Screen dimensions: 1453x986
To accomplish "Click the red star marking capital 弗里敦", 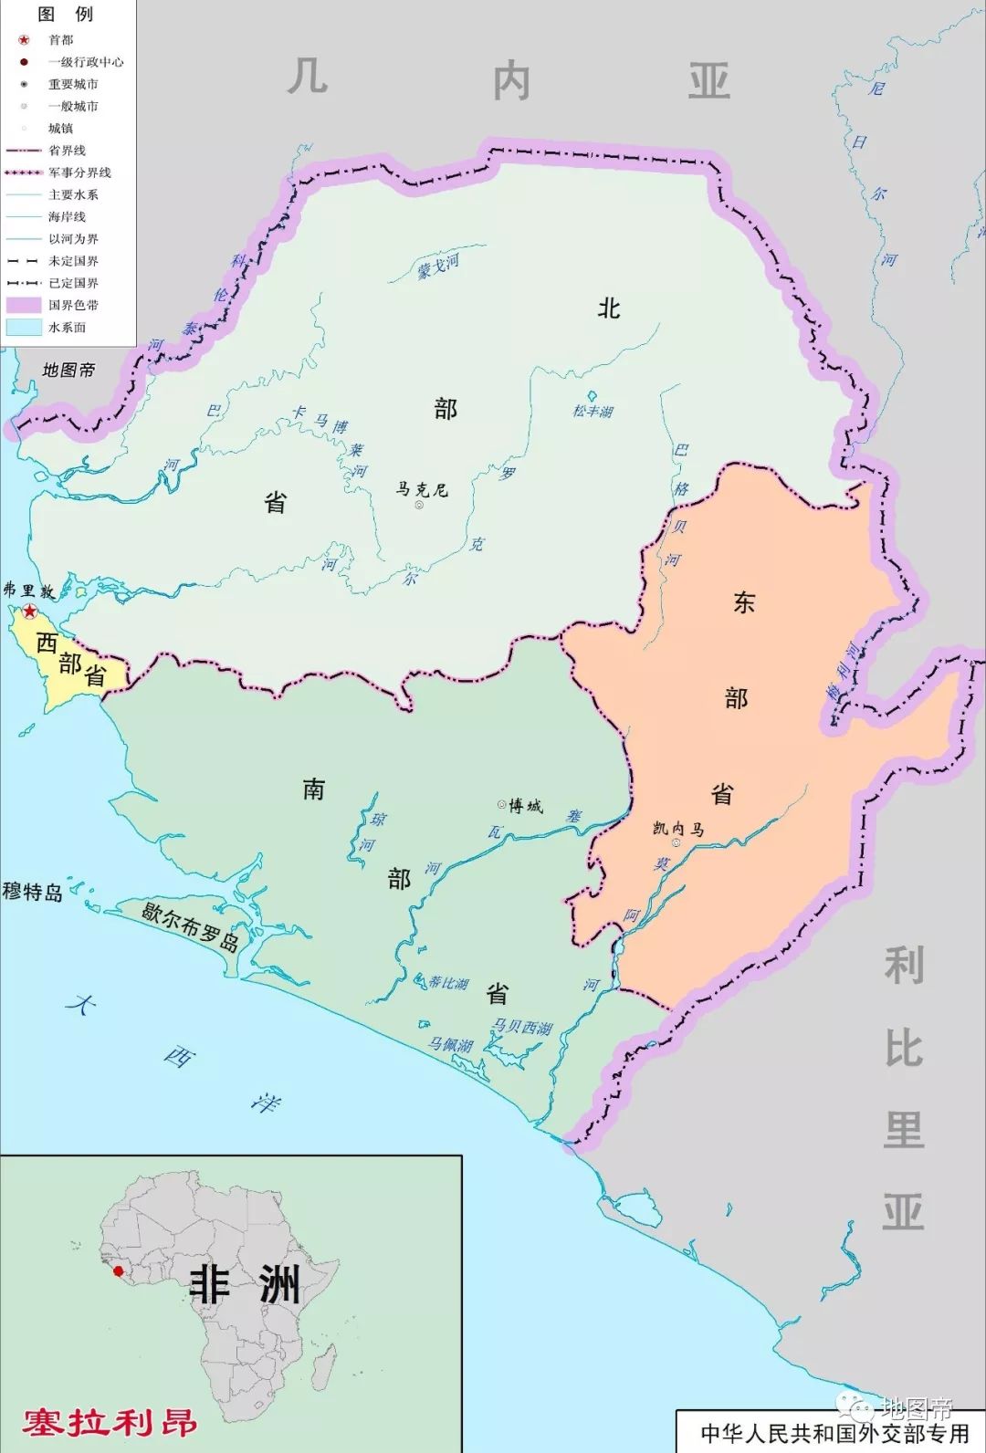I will pyautogui.click(x=30, y=611).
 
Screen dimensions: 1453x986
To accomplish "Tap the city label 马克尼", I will pyautogui.click(x=422, y=490).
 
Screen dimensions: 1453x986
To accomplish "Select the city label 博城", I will pyautogui.click(x=526, y=805).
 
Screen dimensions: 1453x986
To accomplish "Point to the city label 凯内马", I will pyautogui.click(x=678, y=829).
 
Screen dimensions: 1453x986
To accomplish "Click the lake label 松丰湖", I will pyautogui.click(x=593, y=411).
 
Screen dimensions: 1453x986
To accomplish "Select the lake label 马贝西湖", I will pyautogui.click(x=522, y=1028).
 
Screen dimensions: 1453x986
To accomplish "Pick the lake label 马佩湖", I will pyautogui.click(x=451, y=1045).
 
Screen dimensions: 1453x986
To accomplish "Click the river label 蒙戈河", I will pyautogui.click(x=438, y=267).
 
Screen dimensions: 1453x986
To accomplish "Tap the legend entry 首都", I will pyautogui.click(x=61, y=40).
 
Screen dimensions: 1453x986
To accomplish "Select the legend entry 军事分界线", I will pyautogui.click(x=79, y=172).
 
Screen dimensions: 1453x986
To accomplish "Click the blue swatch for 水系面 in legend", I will pyautogui.click(x=24, y=327).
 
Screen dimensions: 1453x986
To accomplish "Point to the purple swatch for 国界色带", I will pyautogui.click(x=24, y=305).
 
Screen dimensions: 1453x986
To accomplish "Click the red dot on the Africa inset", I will pyautogui.click(x=118, y=1270).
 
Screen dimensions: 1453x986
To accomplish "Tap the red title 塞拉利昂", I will pyautogui.click(x=110, y=1422).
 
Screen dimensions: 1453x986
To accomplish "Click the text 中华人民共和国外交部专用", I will pyautogui.click(x=834, y=1433).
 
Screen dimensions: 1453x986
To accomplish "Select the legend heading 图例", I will pyautogui.click(x=66, y=14).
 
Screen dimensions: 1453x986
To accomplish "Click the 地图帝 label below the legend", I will pyautogui.click(x=68, y=370).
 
